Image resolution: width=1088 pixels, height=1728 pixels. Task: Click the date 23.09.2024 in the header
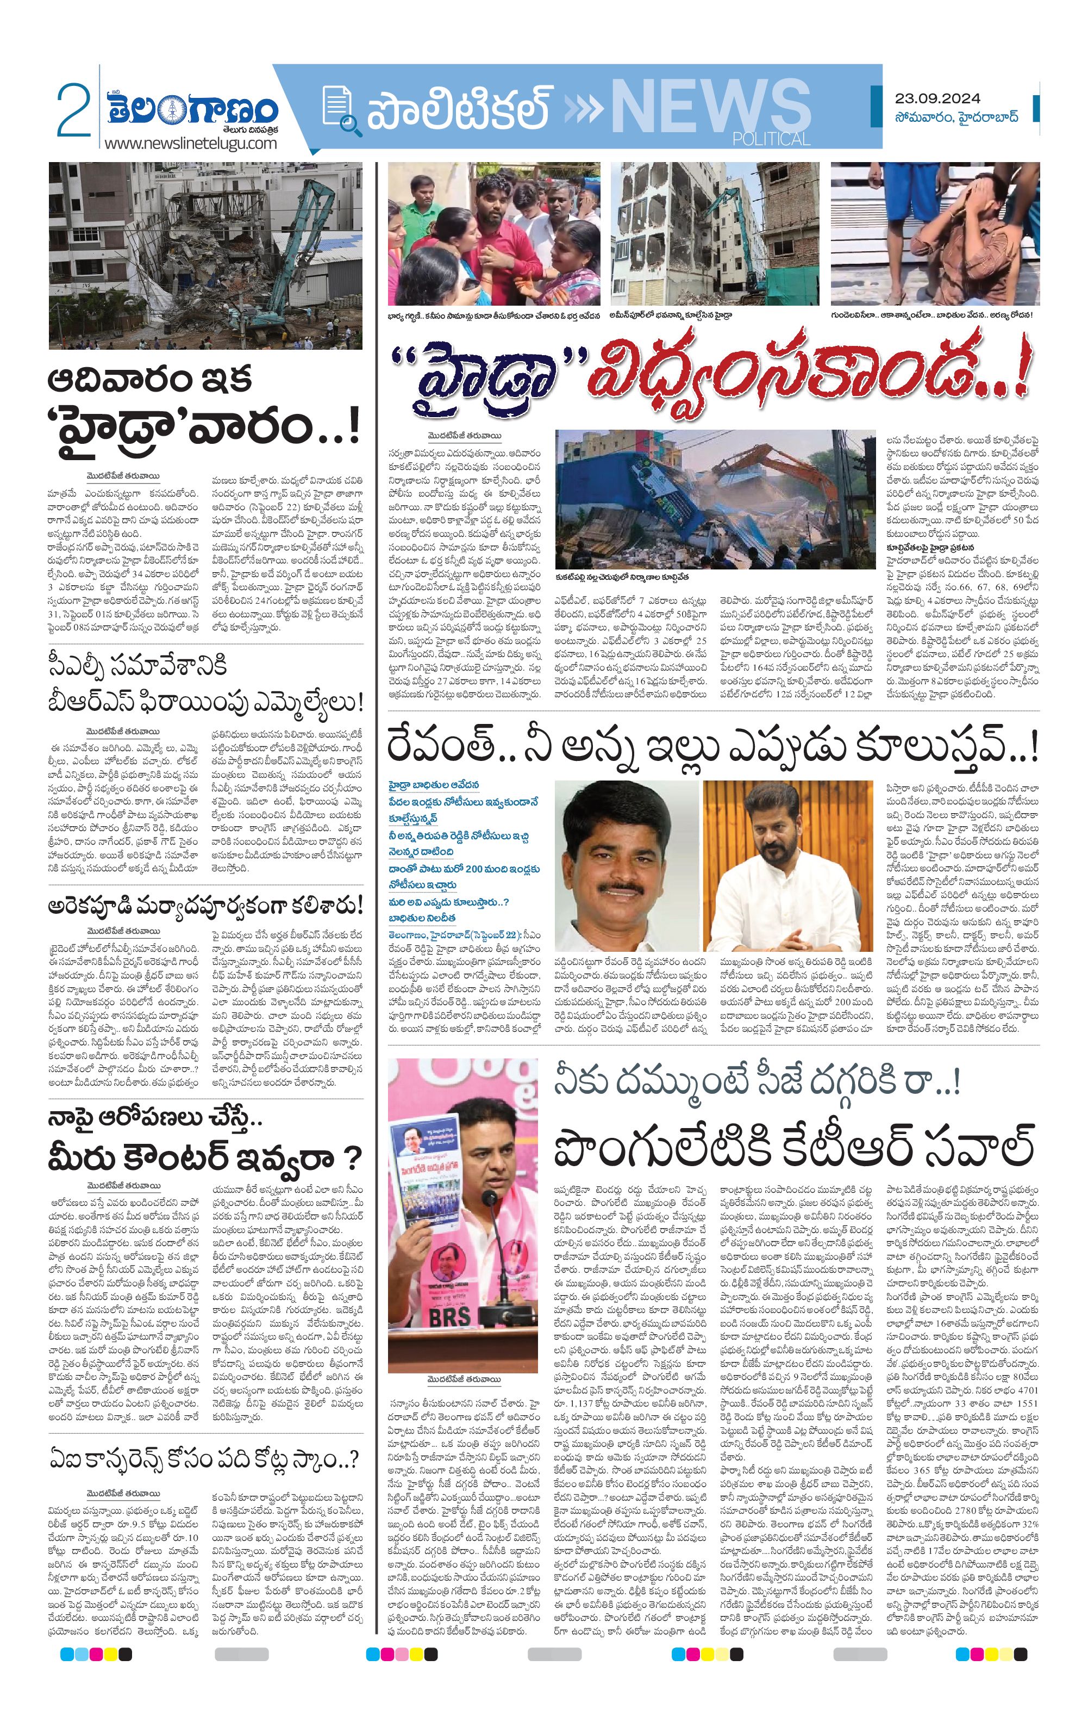937,98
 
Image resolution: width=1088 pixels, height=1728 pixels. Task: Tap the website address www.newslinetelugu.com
190,143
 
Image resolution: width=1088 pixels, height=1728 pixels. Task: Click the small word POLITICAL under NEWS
771,139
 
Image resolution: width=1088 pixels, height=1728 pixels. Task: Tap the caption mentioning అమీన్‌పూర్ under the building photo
670,314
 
